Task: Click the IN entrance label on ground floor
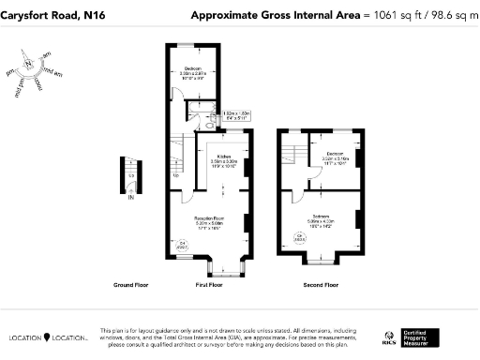131,198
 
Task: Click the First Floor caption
209,284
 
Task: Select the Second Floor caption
321,284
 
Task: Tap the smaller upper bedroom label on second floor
336,153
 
